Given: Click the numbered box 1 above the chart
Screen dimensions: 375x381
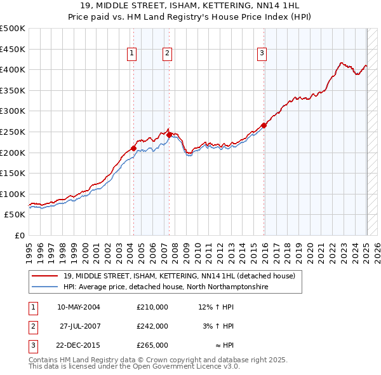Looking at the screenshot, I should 131,54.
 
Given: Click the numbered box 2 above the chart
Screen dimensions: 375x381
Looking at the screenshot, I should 167,54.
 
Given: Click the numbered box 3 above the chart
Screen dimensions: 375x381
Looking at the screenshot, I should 262,54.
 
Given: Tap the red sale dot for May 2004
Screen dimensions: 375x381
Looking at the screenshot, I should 133,148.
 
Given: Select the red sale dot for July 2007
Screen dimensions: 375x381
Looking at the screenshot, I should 169,135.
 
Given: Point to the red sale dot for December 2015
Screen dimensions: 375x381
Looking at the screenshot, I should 264,125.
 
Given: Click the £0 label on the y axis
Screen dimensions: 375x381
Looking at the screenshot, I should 19,235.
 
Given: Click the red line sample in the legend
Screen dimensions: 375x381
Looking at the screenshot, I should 44,276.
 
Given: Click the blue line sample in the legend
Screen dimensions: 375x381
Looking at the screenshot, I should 44,287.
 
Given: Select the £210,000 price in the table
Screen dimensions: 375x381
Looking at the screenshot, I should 152,307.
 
